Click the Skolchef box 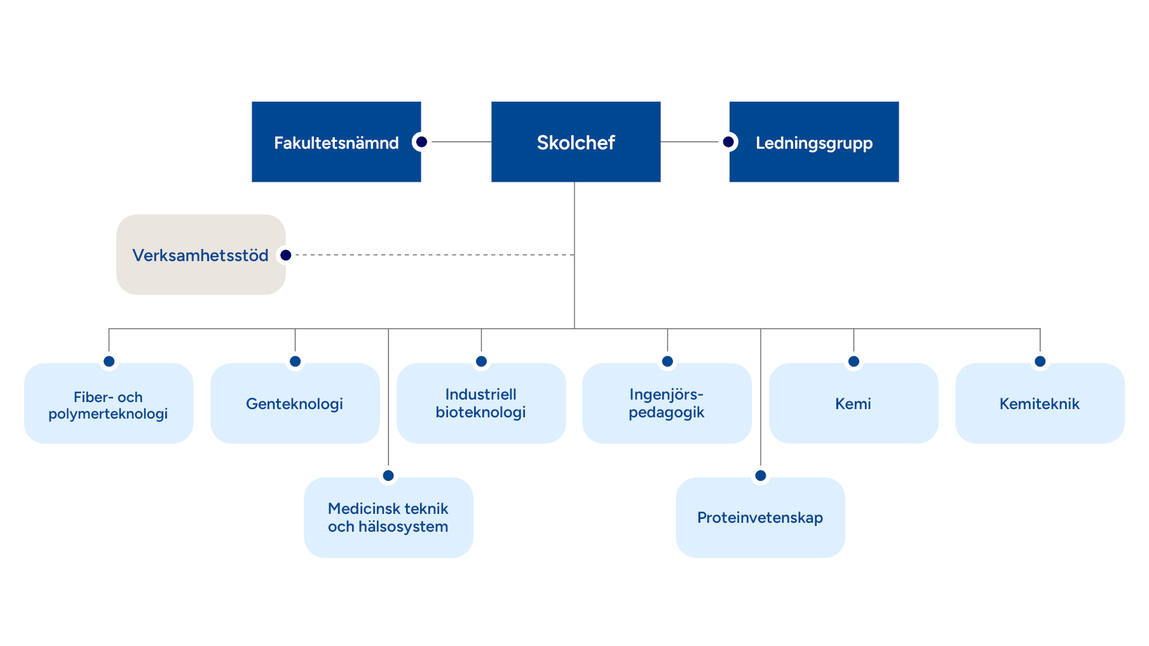(575, 142)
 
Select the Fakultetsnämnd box (336, 142)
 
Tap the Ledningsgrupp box (814, 142)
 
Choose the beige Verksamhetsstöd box (200, 255)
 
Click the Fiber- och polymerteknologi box (108, 404)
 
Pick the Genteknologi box (294, 404)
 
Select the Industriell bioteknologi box (480, 404)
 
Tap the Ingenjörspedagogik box (667, 404)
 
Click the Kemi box (853, 404)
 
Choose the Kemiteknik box (1039, 404)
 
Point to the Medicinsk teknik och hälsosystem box (388, 518)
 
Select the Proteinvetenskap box (760, 518)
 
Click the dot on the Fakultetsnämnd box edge (421, 142)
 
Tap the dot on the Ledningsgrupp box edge (728, 142)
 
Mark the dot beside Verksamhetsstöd (286, 255)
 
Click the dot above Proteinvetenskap (761, 475)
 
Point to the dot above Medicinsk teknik (388, 475)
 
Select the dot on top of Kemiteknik (1040, 361)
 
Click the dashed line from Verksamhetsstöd (432, 255)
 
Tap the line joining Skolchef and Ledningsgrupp (690, 142)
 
